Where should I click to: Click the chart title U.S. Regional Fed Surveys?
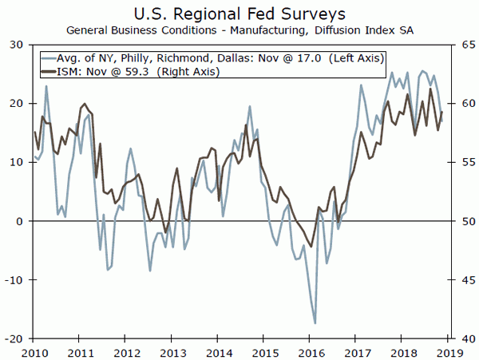(239, 13)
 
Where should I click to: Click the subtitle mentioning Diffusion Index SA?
(239, 30)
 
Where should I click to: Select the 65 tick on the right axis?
(460, 45)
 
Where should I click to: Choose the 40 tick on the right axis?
(460, 338)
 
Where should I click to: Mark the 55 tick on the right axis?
(460, 163)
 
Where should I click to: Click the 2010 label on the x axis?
(34, 351)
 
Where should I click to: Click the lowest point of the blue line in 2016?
(315, 323)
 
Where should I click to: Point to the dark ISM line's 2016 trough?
(312, 247)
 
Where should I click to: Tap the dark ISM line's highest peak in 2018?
(431, 89)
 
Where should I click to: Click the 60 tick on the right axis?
(460, 105)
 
